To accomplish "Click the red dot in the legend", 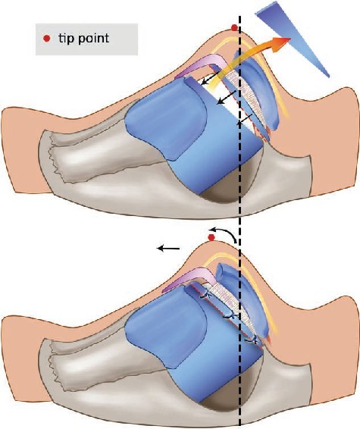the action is tap(47, 39).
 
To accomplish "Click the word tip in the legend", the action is tap(67, 39).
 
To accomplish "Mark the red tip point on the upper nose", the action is tap(234, 27).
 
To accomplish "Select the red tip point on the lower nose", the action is tap(211, 237).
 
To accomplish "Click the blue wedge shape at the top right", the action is tap(290, 36).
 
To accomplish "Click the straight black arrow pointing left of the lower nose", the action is tap(168, 248).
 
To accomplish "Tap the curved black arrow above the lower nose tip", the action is tap(223, 231).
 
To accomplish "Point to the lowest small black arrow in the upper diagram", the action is tap(245, 120).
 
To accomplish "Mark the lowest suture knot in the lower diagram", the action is tap(252, 340).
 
